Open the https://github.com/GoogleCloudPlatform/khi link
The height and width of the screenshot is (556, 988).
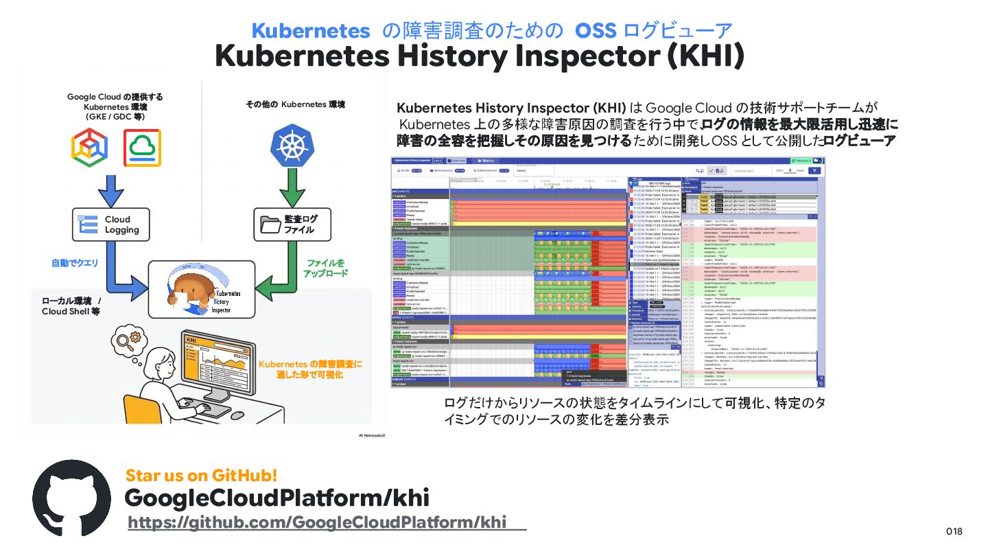317,522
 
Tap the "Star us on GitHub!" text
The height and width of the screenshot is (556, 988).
201,475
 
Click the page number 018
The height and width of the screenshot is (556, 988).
954,531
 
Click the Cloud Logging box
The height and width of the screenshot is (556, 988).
107,224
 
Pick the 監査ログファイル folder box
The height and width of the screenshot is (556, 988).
290,224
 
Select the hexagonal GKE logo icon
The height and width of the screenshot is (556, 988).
90,148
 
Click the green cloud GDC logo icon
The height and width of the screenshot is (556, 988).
142,148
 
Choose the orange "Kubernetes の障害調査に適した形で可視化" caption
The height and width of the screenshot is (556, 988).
309,369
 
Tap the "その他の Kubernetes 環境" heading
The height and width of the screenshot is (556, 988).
295,104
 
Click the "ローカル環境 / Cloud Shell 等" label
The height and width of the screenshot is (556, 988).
71,306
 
